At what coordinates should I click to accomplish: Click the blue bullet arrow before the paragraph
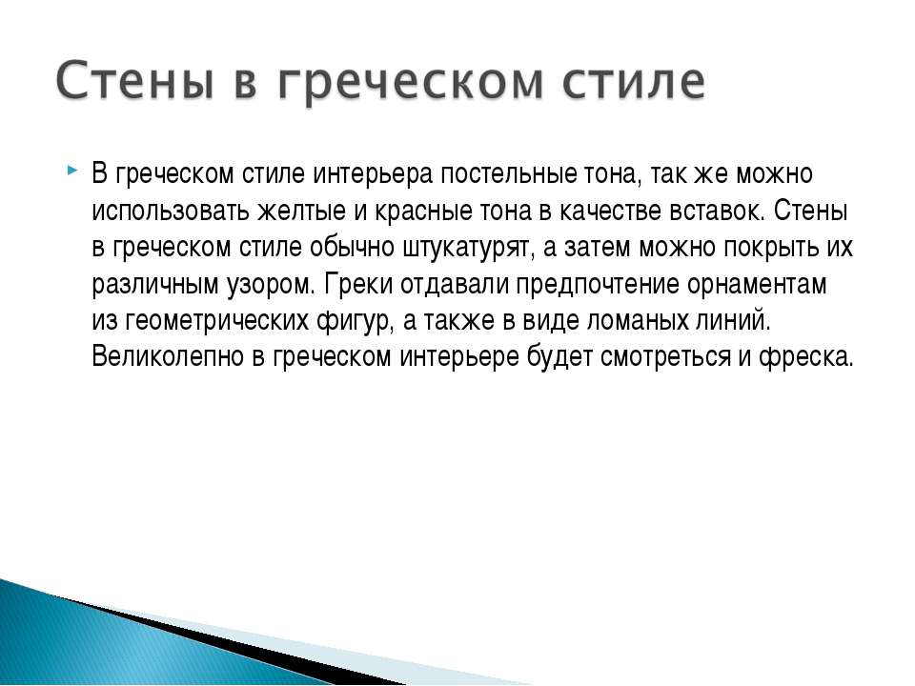coord(71,171)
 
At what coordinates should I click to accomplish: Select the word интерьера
coord(373,174)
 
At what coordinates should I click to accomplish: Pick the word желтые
coord(301,211)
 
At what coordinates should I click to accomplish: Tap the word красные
coord(422,211)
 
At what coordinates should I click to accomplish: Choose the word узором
coord(272,285)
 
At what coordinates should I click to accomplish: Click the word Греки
coord(358,284)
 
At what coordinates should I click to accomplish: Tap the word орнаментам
coord(756,285)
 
